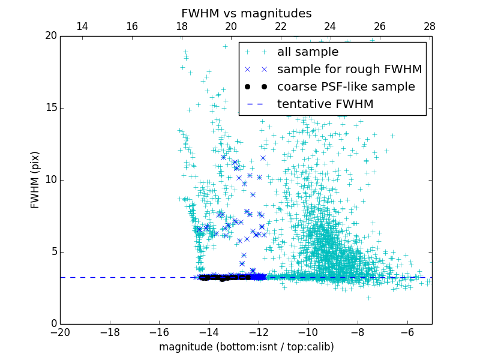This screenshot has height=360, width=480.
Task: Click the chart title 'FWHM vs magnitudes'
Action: pyautogui.click(x=246, y=13)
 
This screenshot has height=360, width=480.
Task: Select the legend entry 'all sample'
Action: pyautogui.click(x=307, y=52)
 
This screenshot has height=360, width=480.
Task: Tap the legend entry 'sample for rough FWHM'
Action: pyautogui.click(x=349, y=70)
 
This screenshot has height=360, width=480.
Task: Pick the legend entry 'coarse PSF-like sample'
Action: pyautogui.click(x=346, y=87)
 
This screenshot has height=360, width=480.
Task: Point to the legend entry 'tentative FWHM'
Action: pyautogui.click(x=325, y=104)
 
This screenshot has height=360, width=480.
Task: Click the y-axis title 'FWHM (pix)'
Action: pyautogui.click(x=35, y=179)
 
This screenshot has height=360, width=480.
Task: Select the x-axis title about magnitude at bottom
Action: pyautogui.click(x=246, y=347)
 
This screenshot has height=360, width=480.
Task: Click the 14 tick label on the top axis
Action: pyautogui.click(x=82, y=26)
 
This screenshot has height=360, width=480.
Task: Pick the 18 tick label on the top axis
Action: pyautogui.click(x=181, y=26)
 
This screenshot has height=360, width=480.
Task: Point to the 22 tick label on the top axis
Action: pyautogui.click(x=281, y=26)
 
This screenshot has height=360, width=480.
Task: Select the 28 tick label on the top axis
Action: pyautogui.click(x=430, y=26)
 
